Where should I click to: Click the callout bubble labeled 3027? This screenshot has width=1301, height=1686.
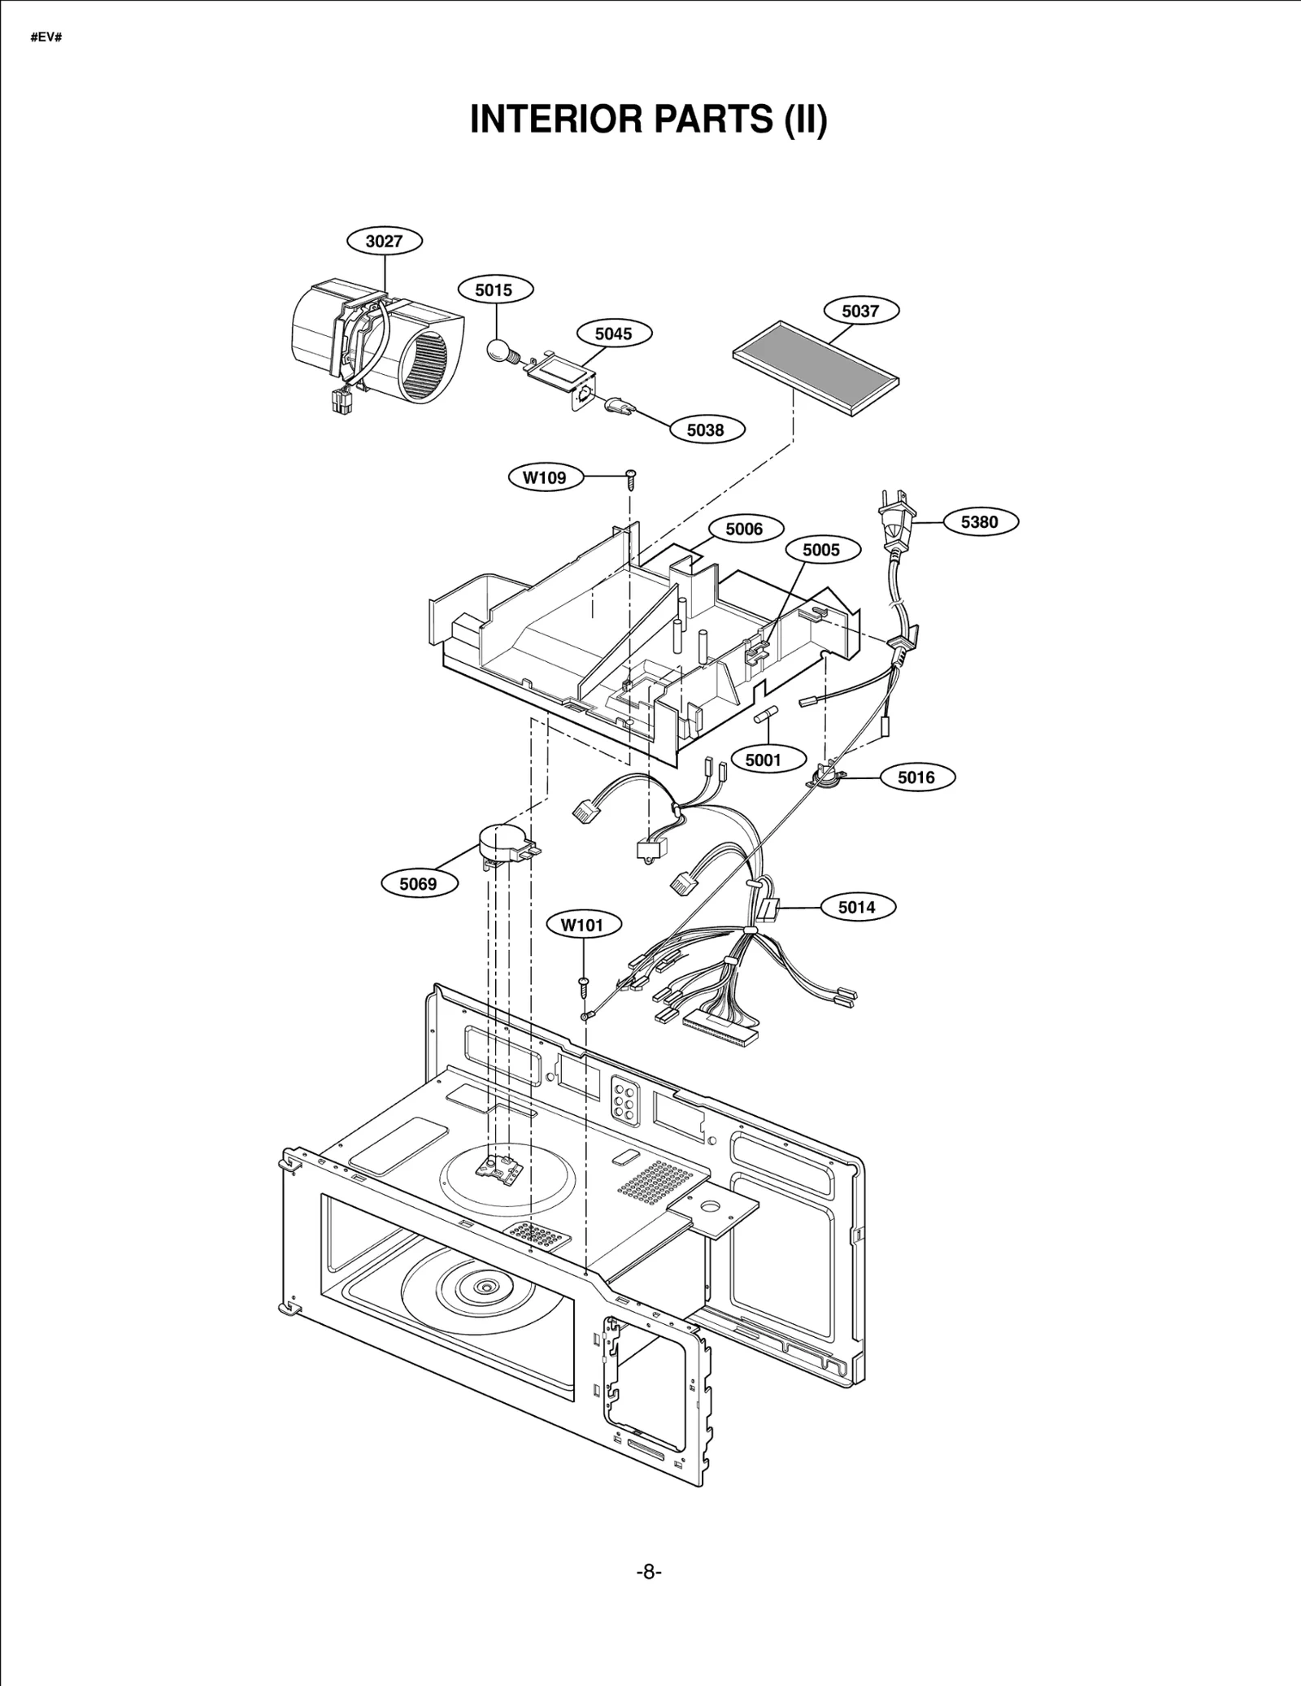click(x=385, y=241)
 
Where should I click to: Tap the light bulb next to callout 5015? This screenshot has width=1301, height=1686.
click(x=498, y=351)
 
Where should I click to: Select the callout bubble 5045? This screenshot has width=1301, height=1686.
click(x=612, y=333)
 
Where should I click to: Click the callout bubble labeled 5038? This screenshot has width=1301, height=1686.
click(x=705, y=430)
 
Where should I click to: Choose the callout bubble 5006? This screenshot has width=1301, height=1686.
click(x=744, y=529)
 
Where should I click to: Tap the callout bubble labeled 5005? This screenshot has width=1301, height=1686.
click(x=821, y=550)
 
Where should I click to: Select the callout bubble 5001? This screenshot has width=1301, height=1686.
click(x=762, y=760)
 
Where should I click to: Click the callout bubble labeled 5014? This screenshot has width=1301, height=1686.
click(x=856, y=907)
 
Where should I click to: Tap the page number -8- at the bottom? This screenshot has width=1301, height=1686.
click(x=648, y=1572)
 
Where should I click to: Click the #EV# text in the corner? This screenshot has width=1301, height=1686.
click(x=46, y=38)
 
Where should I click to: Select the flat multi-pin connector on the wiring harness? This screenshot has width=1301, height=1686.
click(x=720, y=1031)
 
